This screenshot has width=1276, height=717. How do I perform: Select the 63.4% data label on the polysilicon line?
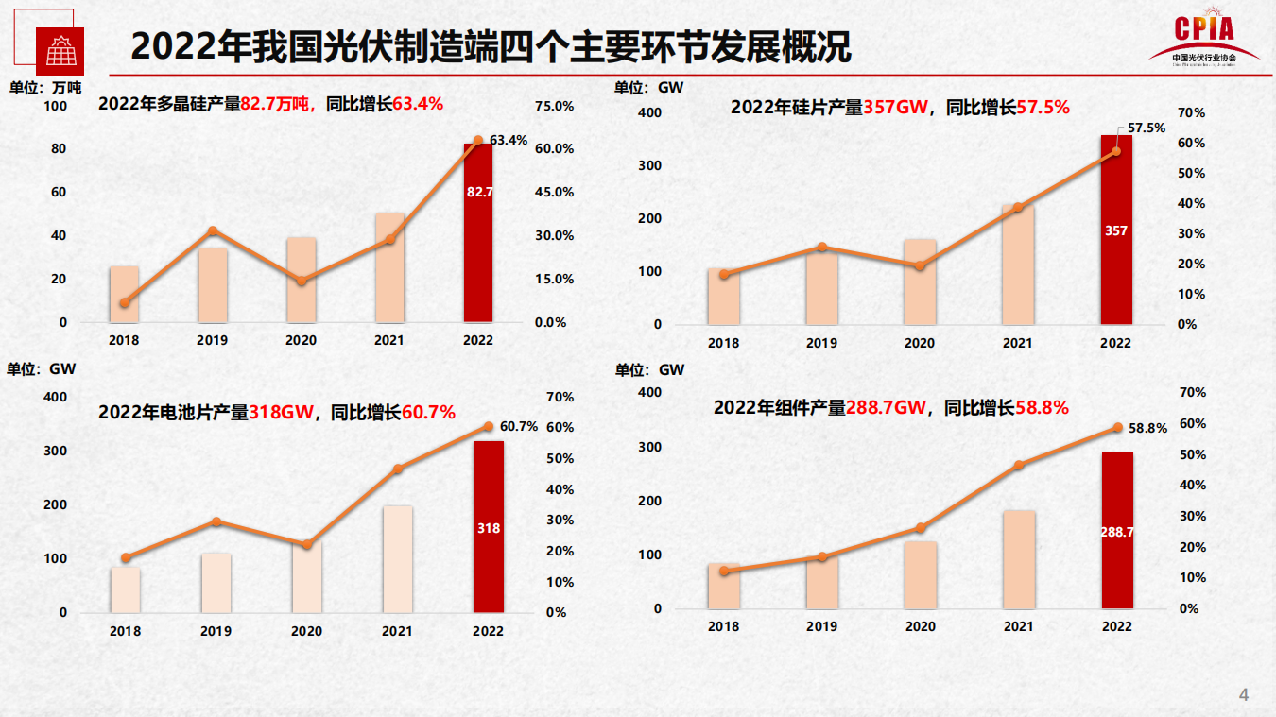click(509, 140)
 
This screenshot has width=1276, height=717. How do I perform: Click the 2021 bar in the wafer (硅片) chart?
click(1018, 265)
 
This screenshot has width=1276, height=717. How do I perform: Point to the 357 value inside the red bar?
click(1115, 230)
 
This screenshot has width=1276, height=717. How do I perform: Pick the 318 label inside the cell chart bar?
click(489, 528)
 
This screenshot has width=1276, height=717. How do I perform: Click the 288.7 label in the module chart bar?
click(1116, 532)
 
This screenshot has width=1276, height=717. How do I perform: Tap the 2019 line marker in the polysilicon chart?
click(213, 231)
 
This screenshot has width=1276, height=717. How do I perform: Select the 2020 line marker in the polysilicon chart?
click(302, 281)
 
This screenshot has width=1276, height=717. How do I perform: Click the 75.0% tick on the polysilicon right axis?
click(554, 106)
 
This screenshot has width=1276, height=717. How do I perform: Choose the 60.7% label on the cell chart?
click(519, 426)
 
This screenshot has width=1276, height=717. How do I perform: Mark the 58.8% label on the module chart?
click(1147, 428)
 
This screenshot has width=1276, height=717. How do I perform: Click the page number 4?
click(1244, 696)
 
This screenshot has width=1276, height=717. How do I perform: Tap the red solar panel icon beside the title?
click(60, 51)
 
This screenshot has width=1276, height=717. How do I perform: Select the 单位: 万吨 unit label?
click(44, 88)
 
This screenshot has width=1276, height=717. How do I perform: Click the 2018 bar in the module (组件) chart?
click(724, 586)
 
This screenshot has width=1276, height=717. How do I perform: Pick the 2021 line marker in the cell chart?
click(398, 469)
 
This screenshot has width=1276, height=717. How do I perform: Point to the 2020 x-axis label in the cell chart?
click(306, 631)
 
